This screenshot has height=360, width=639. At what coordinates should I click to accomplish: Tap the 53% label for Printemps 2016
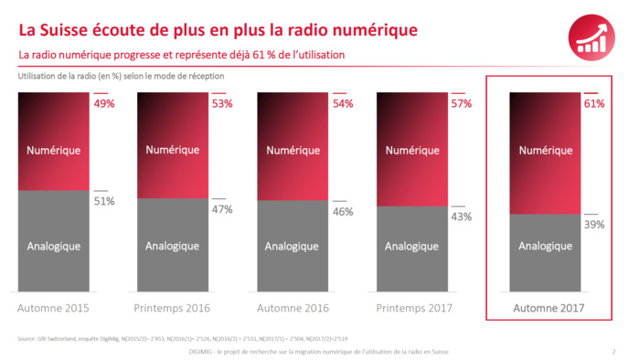pos(222,104)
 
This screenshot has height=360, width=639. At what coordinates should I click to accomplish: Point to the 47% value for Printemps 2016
pos(222,209)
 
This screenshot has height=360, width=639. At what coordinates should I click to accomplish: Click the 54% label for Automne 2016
pos(343,104)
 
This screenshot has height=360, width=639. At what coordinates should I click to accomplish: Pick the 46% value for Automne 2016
pos(343,211)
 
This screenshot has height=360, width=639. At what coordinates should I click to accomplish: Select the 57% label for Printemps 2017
pos(462,104)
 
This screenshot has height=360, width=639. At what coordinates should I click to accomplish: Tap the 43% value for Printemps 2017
pos(462,217)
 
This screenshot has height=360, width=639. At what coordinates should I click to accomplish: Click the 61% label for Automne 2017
pos(594,104)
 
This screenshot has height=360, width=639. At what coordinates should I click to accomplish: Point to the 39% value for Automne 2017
pos(594,224)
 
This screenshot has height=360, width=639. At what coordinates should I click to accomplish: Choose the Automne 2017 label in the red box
pos(547,308)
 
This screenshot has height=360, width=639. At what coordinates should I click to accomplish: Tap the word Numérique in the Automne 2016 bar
pos(293,146)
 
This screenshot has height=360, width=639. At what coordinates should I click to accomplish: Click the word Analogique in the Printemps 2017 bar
pos(412,247)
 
